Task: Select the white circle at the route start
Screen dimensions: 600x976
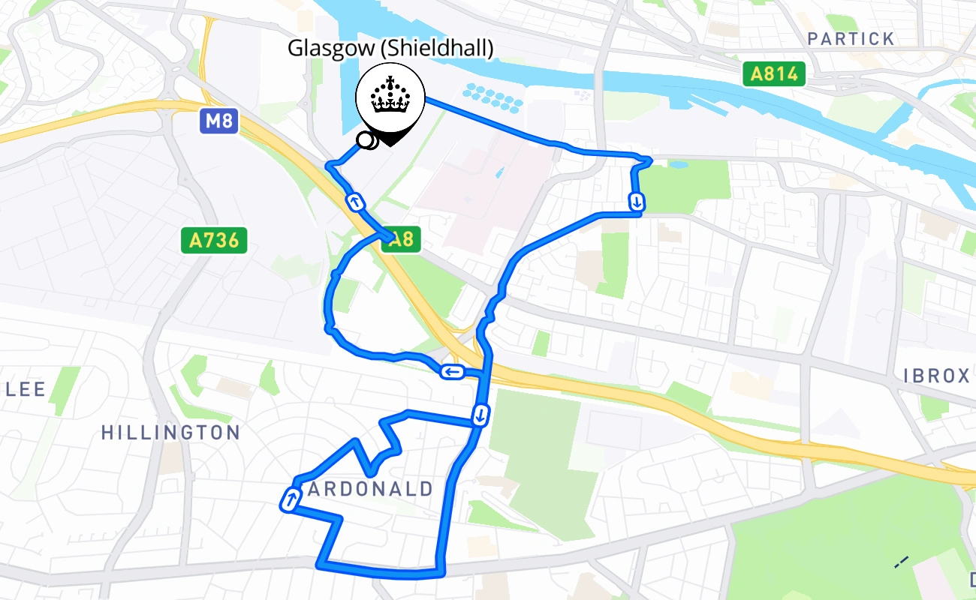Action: pos(366,139)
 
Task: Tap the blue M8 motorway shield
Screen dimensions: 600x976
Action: pos(218,120)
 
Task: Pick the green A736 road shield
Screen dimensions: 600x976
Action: pos(214,241)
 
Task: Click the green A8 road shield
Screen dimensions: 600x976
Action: pos(401,239)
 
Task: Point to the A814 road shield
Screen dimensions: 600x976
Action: pos(774,73)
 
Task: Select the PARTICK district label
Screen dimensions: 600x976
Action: pos(851,39)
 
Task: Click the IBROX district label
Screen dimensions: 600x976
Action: pos(936,376)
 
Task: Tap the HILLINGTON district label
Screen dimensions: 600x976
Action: pos(170,433)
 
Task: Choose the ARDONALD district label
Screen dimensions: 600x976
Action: pos(371,490)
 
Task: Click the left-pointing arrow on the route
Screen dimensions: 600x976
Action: pos(452,371)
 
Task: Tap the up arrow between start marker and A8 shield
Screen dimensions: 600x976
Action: pos(354,202)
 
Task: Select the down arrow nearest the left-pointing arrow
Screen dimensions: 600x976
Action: pos(480,414)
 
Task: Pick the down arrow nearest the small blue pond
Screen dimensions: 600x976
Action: pos(636,201)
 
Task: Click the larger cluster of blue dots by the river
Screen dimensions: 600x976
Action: pos(493,94)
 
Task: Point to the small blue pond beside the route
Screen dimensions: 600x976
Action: pos(678,164)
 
